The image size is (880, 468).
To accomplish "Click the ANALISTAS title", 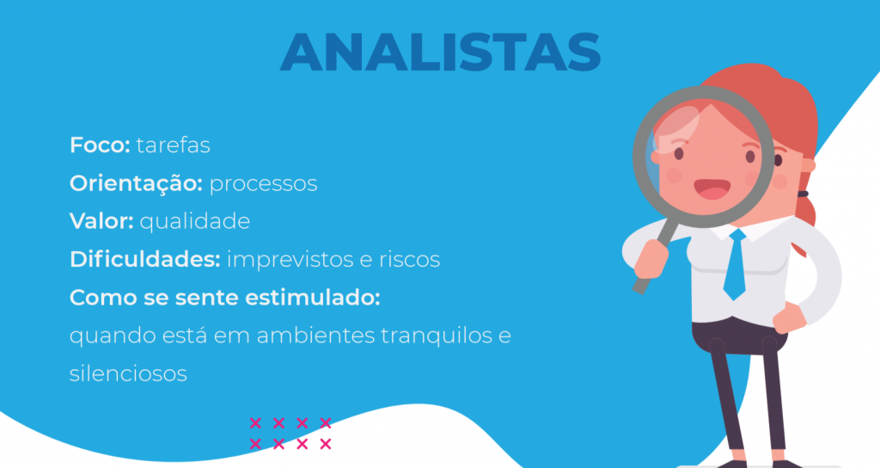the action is coord(441,52).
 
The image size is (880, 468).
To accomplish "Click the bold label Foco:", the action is coord(100,145).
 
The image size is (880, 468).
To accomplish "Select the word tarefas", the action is coord(174,145).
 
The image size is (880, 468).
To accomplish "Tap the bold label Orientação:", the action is coord(136,184).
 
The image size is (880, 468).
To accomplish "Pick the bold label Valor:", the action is coord(101,221).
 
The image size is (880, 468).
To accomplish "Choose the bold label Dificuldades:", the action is coord(144,259).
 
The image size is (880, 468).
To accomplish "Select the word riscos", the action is coord(409,259).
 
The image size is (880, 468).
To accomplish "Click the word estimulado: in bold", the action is coord(312,297).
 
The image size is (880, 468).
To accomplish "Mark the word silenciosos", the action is coord(128,373).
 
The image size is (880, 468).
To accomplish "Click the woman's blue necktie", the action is coord(736,264).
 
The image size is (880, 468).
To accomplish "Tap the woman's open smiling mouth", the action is coord(712,189).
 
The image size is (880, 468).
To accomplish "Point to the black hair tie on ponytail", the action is coord(804,194).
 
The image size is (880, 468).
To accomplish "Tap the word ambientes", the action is coord(316,336).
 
